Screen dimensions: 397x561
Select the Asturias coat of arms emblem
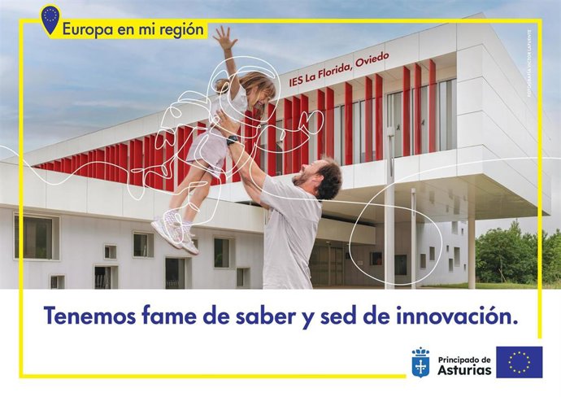420,362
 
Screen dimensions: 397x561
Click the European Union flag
519,362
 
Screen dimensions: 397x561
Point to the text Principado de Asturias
464,364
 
